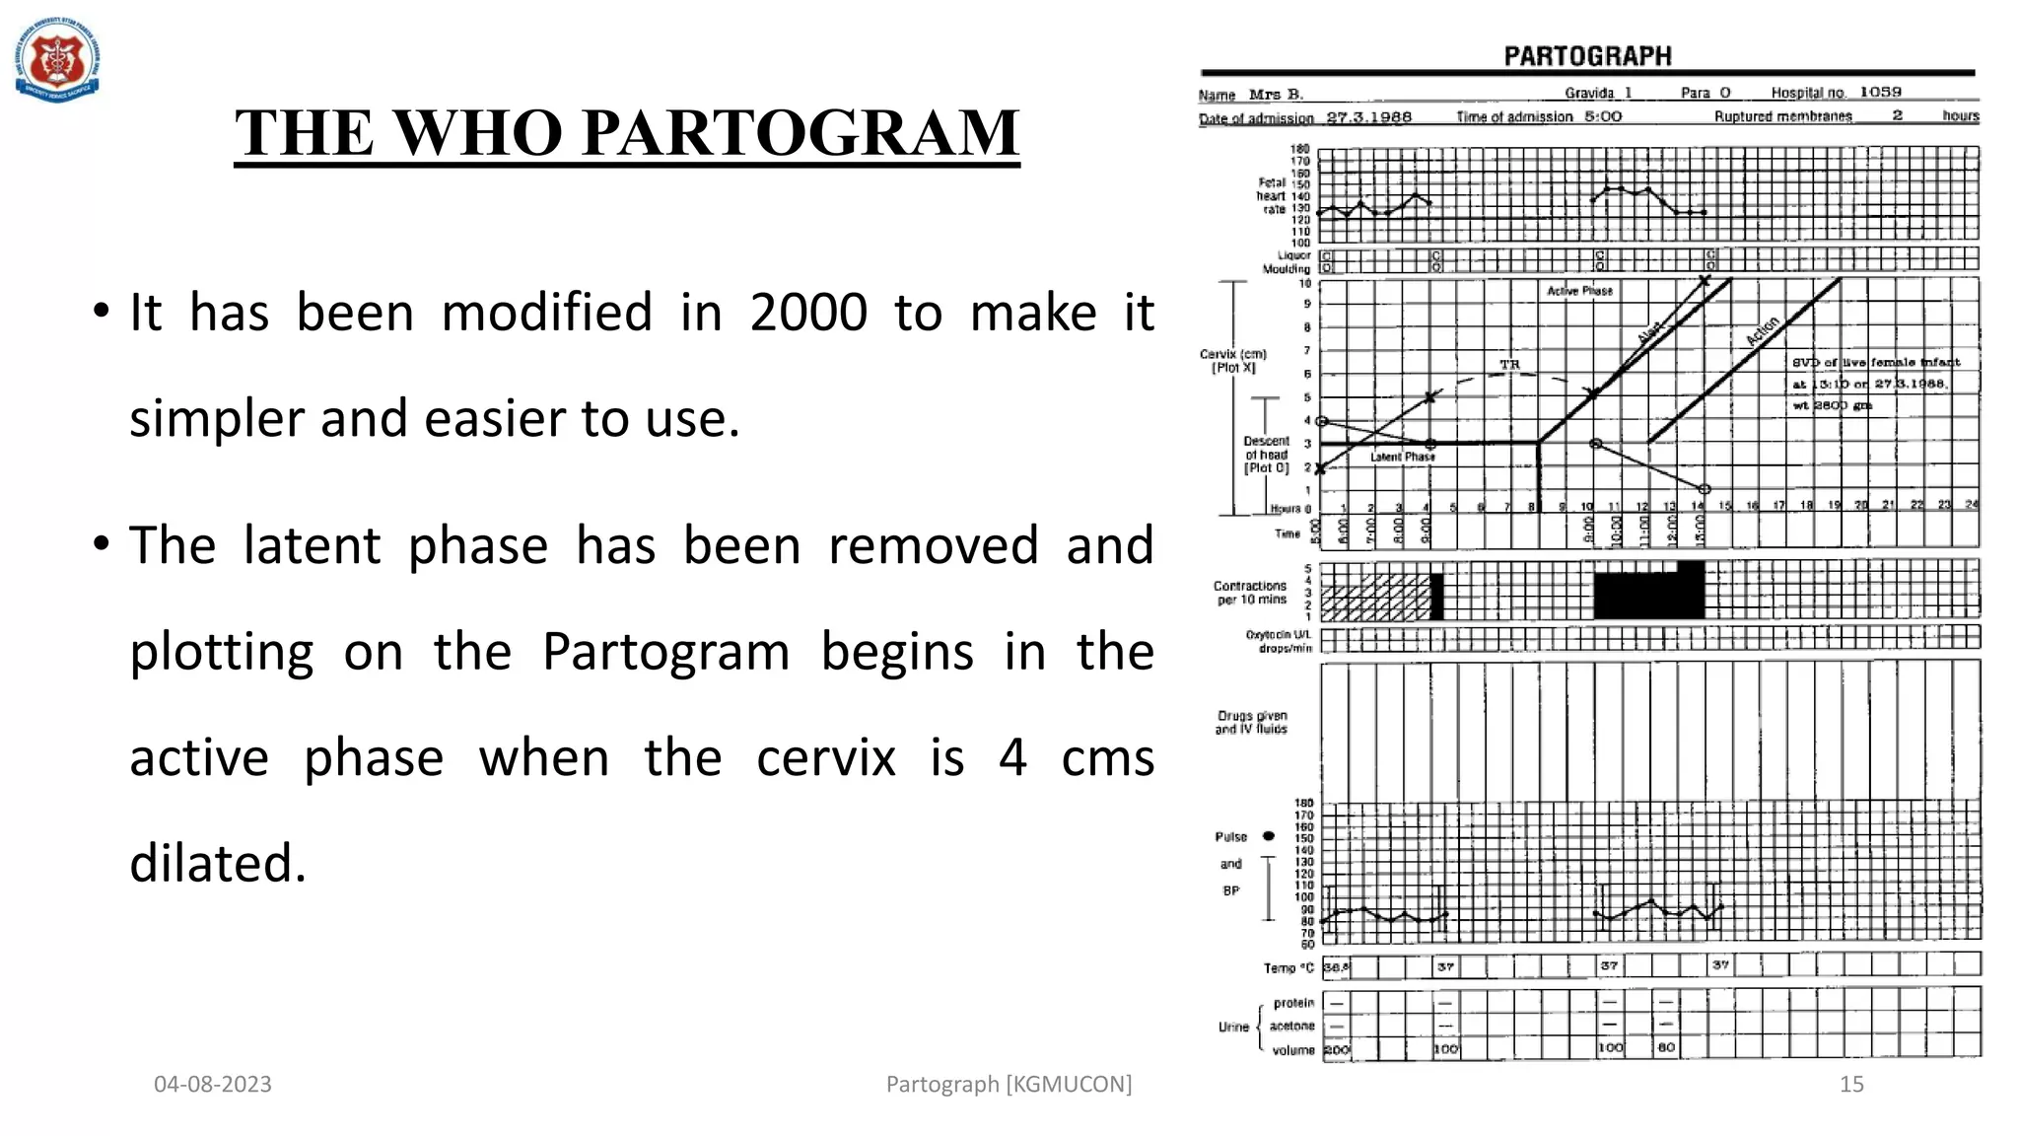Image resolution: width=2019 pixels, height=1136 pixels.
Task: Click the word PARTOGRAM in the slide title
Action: (x=801, y=132)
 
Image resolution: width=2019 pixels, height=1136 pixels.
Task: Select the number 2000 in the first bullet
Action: (x=808, y=313)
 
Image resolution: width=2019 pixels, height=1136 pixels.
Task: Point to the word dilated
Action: (x=218, y=863)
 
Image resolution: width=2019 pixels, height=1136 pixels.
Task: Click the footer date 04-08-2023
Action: (x=213, y=1084)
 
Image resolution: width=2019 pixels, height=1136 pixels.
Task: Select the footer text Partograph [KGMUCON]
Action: (x=1009, y=1084)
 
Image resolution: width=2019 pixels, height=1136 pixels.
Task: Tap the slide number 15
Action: (x=1851, y=1084)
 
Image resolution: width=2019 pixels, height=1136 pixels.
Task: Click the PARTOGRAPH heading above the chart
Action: (x=1587, y=56)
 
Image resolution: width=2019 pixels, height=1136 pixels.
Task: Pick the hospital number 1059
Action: (x=1880, y=92)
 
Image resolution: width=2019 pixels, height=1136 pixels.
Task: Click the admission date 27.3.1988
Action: (x=1368, y=116)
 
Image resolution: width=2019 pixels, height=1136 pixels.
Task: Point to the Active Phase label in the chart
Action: (x=1579, y=291)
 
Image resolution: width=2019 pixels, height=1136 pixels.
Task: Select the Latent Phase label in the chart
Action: (x=1402, y=457)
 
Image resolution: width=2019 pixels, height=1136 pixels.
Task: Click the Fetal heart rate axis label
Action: (x=1272, y=195)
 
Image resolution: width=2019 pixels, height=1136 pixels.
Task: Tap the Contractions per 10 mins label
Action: (x=1250, y=593)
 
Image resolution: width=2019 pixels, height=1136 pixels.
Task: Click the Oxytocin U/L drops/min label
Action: (x=1279, y=641)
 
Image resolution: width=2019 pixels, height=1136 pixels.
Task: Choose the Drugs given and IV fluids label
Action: (x=1251, y=722)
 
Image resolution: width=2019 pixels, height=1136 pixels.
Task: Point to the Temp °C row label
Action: (x=1288, y=967)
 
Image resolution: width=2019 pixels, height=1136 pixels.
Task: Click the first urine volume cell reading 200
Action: (x=1336, y=1049)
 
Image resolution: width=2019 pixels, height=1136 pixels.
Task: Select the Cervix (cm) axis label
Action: (x=1232, y=360)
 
